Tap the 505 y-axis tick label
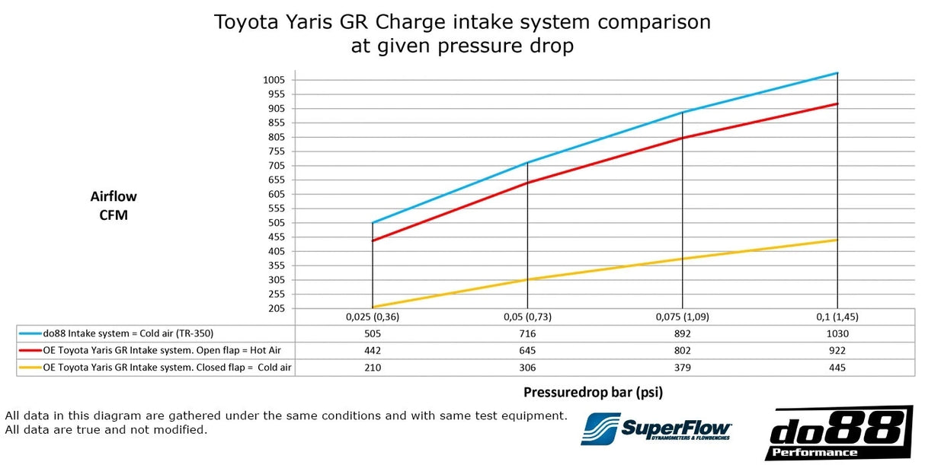[x=275, y=223]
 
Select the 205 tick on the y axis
[x=275, y=309]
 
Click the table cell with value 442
[x=372, y=351]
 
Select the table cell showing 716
[x=527, y=333]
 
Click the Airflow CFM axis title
[x=114, y=205]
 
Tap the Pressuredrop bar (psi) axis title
[x=593, y=393]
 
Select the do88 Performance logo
[x=839, y=433]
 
